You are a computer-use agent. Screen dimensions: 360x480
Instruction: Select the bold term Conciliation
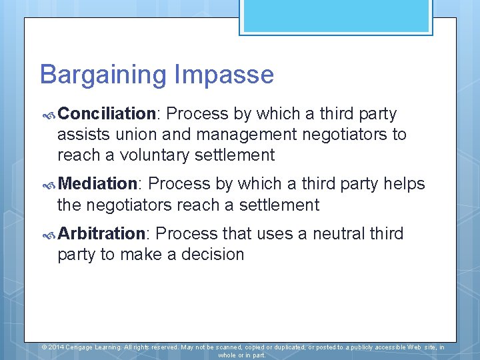(107, 114)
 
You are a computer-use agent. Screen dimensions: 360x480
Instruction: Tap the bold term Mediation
(97, 183)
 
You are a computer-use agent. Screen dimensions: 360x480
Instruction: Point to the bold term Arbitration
(101, 233)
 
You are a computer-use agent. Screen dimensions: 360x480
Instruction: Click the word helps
(403, 183)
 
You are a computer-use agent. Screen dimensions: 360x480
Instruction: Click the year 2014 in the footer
(56, 347)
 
